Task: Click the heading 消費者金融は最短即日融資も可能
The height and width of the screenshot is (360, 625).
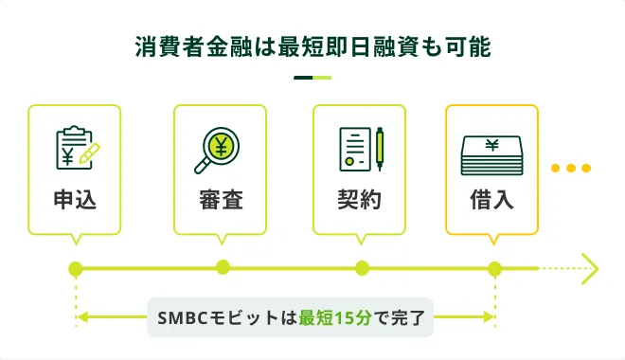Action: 312,46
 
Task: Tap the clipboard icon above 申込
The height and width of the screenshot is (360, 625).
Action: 74,149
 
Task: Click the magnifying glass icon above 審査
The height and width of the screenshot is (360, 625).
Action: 220,150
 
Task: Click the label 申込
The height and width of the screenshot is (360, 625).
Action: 75,201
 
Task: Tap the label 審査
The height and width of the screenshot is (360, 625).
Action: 221,201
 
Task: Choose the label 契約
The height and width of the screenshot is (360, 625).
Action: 359,201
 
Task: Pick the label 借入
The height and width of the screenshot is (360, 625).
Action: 491,201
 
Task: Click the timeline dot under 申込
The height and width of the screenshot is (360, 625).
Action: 76,269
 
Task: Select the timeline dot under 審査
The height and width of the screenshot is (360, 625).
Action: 223,267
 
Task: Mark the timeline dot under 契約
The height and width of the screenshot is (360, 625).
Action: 362,268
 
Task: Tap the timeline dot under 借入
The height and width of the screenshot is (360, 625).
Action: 494,269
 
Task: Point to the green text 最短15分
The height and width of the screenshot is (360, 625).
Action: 330,317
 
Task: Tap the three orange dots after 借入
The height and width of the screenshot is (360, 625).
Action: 571,169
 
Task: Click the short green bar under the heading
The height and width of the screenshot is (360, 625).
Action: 312,78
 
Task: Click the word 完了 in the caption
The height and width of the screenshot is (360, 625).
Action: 408,317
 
